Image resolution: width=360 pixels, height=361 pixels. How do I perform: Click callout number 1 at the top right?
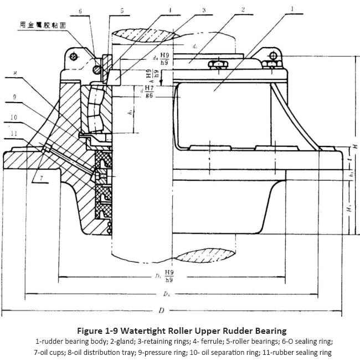[292, 9]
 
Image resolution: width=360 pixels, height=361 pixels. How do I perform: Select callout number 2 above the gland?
[243, 9]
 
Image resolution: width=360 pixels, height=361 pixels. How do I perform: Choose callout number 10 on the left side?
[14, 117]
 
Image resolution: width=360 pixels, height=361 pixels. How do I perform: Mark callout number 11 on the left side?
[14, 133]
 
